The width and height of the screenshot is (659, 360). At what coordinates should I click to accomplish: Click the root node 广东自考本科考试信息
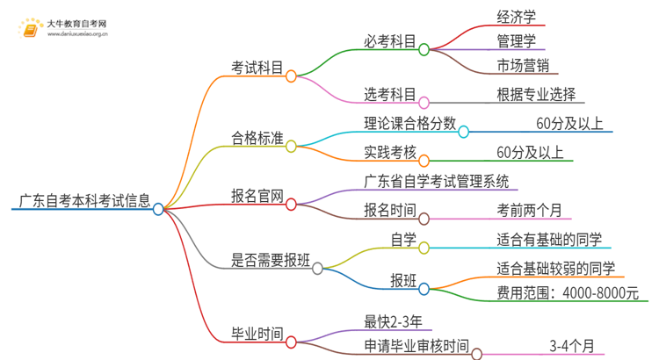83,201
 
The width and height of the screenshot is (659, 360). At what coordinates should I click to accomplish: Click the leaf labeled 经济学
516,17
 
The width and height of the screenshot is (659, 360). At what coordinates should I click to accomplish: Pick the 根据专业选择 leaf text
535,94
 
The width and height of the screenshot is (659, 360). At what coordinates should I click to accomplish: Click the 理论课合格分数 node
409,124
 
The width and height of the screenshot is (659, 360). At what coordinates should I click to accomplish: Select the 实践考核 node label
389,152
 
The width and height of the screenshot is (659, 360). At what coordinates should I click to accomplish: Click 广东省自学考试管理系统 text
435,182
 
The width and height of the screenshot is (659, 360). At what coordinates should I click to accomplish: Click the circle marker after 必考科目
424,50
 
